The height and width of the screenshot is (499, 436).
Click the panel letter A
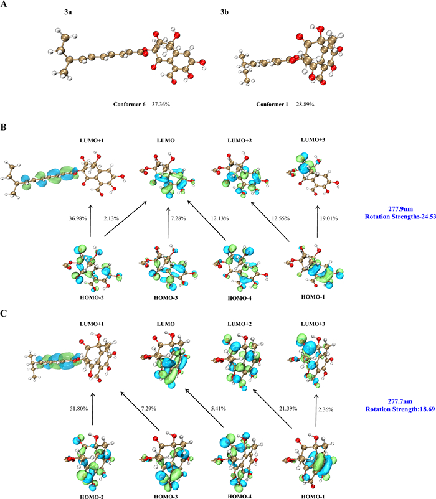4,4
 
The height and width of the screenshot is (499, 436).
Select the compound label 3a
68,12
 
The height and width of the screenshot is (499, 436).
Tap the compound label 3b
224,12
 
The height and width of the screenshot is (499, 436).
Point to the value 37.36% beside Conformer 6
161,104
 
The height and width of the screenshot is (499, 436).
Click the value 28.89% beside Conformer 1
305,104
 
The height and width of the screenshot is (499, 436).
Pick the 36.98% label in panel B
78,218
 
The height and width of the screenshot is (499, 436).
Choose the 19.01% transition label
329,218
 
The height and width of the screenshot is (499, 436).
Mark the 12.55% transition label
280,218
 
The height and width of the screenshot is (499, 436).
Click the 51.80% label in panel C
78,408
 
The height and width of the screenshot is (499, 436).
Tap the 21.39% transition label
288,408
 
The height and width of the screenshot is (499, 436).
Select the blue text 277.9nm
400,209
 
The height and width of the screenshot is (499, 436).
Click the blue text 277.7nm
400,401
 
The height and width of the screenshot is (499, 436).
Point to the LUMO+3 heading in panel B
313,139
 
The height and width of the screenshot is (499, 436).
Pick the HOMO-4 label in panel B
240,298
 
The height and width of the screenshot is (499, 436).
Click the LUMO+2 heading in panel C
240,324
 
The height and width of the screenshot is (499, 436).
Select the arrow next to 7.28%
168,223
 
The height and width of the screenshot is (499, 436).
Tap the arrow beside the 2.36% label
316,411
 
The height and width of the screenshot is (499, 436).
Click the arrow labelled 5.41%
205,408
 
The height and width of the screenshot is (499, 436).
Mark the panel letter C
4,314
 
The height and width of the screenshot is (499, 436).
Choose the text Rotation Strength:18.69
400,409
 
